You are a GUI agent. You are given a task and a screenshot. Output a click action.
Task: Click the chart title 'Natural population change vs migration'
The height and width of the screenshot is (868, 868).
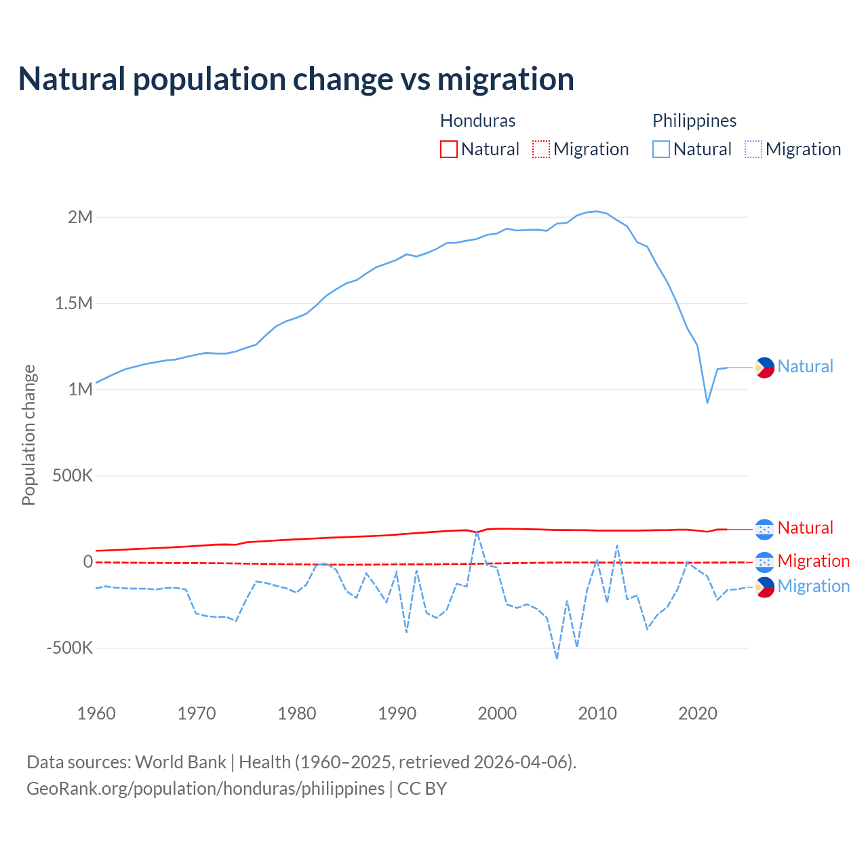pyautogui.click(x=296, y=79)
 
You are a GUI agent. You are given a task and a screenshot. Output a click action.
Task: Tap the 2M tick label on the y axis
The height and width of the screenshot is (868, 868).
pyautogui.click(x=80, y=217)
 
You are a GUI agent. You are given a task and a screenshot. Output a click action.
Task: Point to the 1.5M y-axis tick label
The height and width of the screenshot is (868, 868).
pyautogui.click(x=74, y=303)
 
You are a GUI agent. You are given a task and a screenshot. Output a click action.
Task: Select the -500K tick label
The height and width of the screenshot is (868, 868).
pyautogui.click(x=70, y=648)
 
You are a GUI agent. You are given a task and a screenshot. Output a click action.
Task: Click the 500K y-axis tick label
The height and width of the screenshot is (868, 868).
pyautogui.click(x=73, y=475)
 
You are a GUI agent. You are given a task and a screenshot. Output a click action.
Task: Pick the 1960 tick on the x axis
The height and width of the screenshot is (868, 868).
pyautogui.click(x=96, y=713)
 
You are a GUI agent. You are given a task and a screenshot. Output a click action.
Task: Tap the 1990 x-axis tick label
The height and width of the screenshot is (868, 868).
pyautogui.click(x=397, y=713)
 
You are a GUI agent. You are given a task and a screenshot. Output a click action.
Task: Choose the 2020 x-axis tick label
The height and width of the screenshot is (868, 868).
pyautogui.click(x=698, y=713)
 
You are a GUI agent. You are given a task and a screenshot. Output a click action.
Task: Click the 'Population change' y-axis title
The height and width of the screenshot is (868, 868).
pyautogui.click(x=28, y=435)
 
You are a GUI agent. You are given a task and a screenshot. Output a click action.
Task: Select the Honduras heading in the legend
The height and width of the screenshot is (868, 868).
pyautogui.click(x=477, y=121)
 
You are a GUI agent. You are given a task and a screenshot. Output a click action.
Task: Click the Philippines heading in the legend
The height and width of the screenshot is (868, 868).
pyautogui.click(x=694, y=121)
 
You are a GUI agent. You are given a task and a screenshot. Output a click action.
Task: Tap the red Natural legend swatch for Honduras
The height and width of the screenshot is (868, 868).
pyautogui.click(x=449, y=149)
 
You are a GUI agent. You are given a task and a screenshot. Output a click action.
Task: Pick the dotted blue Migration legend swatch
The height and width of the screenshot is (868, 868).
pyautogui.click(x=753, y=149)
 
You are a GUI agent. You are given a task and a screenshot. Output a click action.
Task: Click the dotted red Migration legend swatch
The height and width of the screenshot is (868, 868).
pyautogui.click(x=541, y=149)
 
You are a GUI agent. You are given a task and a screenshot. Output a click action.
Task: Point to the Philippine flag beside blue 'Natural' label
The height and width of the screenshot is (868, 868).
pyautogui.click(x=765, y=368)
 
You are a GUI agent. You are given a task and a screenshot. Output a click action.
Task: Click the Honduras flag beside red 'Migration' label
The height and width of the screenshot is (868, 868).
pyautogui.click(x=765, y=561)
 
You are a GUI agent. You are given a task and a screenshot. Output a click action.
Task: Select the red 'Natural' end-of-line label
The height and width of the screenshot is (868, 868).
pyautogui.click(x=805, y=528)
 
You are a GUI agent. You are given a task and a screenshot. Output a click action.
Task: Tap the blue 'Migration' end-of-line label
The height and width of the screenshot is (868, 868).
pyautogui.click(x=813, y=586)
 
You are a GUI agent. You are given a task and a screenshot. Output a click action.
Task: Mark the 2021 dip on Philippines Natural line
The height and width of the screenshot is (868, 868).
pyautogui.click(x=707, y=403)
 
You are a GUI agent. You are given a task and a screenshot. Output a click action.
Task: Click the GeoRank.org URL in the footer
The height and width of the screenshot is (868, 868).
pyautogui.click(x=205, y=789)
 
